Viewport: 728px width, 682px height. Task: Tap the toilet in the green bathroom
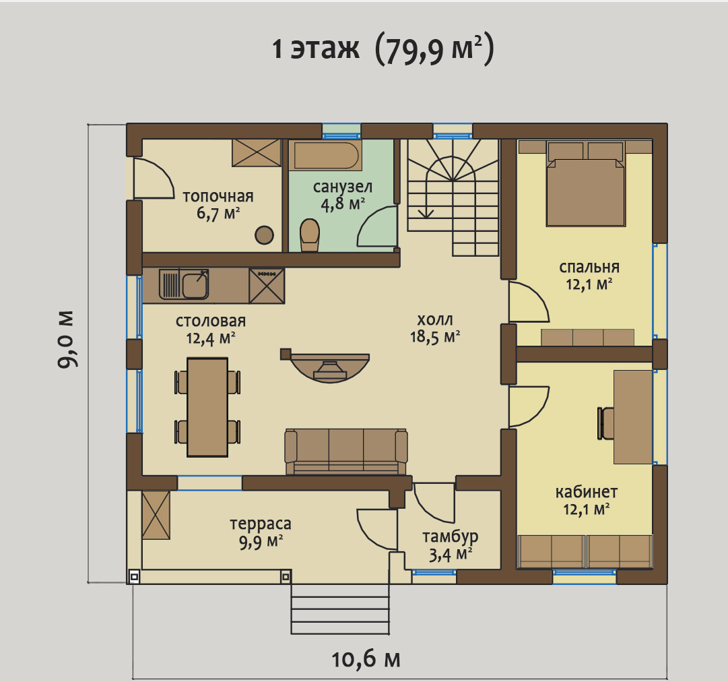[310, 235]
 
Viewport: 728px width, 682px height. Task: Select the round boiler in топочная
[264, 235]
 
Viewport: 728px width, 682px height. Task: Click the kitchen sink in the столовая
[184, 284]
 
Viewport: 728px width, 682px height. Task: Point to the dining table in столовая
[207, 407]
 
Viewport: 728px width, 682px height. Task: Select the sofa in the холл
[346, 452]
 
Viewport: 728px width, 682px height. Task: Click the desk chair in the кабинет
[605, 423]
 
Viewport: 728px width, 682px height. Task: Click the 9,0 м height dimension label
[66, 339]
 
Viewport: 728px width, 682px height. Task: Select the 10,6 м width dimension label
[366, 659]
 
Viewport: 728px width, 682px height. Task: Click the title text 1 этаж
[316, 48]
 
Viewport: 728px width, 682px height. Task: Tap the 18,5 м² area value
[435, 336]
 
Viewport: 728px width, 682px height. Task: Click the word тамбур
[450, 536]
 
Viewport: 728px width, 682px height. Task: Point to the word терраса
[261, 524]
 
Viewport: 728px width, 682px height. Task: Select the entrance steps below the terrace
[340, 609]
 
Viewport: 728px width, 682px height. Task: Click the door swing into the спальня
[529, 301]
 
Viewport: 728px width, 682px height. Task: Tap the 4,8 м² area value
[343, 204]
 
